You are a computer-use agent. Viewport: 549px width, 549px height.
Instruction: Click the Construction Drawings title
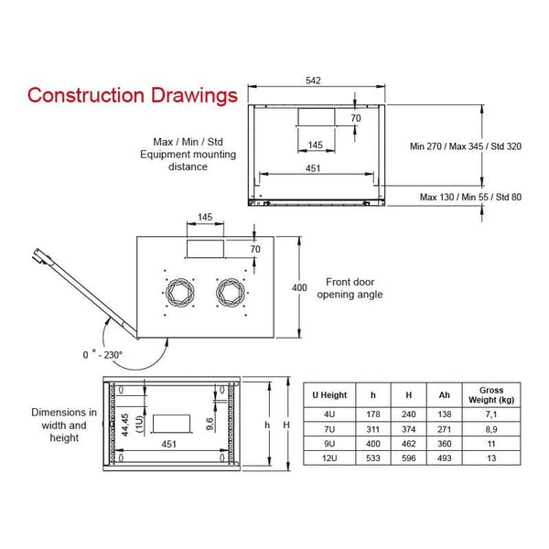coord(133,95)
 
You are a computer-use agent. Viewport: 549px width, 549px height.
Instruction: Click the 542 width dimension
coord(313,81)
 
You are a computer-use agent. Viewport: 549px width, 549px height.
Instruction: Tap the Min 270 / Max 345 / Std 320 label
coord(466,146)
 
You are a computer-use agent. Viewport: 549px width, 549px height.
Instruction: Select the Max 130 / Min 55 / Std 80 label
coord(470,197)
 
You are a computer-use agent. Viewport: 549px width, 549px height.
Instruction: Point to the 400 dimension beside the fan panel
coord(299,287)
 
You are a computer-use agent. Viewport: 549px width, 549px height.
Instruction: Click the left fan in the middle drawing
coord(180,293)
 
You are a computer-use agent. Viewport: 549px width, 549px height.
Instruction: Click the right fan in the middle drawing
coord(231,293)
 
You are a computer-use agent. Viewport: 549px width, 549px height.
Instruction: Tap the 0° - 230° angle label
coord(102,354)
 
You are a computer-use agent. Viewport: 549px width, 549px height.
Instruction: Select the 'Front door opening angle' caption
coord(350,288)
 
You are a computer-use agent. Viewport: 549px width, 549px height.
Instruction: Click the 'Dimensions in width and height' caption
coord(64,425)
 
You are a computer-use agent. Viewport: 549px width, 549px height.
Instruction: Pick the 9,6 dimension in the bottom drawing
coord(210,424)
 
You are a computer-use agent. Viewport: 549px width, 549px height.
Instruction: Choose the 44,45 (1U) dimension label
coord(132,425)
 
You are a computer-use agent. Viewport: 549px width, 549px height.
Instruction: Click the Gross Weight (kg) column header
coord(491,395)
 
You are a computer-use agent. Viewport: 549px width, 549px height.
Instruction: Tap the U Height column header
coord(329,395)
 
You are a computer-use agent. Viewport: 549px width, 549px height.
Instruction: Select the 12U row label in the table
coord(329,458)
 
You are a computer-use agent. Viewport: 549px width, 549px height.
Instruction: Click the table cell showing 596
coord(409,458)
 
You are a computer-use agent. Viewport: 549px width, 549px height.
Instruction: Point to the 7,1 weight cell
coord(491,414)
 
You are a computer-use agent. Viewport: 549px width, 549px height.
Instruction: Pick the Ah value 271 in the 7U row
coord(445,429)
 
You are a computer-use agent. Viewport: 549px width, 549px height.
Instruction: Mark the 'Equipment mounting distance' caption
coord(188,160)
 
